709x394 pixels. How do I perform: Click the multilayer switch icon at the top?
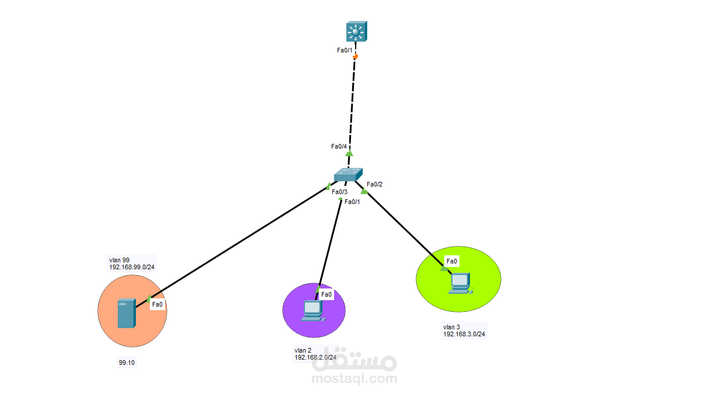(x=356, y=31)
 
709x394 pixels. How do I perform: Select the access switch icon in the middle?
(x=348, y=174)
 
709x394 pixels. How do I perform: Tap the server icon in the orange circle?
(x=127, y=313)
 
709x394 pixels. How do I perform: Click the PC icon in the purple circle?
(x=313, y=311)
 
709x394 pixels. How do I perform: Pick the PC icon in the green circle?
(x=461, y=283)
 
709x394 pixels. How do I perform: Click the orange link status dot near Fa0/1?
(x=356, y=57)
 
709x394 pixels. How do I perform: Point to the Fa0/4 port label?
(x=339, y=146)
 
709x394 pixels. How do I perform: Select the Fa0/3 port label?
(x=339, y=192)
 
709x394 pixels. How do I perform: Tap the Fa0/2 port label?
(x=375, y=184)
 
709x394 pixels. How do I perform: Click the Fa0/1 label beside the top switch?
(x=345, y=50)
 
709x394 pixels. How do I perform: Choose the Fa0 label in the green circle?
(x=452, y=261)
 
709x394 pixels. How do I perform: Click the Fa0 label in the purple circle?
(x=327, y=295)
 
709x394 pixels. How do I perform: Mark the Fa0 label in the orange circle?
(x=157, y=304)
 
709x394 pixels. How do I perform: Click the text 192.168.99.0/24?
(x=132, y=267)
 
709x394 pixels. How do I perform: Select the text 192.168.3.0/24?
(x=464, y=334)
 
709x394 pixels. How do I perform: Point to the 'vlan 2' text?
(x=303, y=350)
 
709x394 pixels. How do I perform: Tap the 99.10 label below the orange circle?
(x=127, y=363)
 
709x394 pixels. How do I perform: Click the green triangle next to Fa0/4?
(x=349, y=153)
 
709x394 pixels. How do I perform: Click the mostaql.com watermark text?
(x=354, y=378)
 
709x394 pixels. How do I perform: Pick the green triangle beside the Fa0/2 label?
(x=364, y=191)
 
